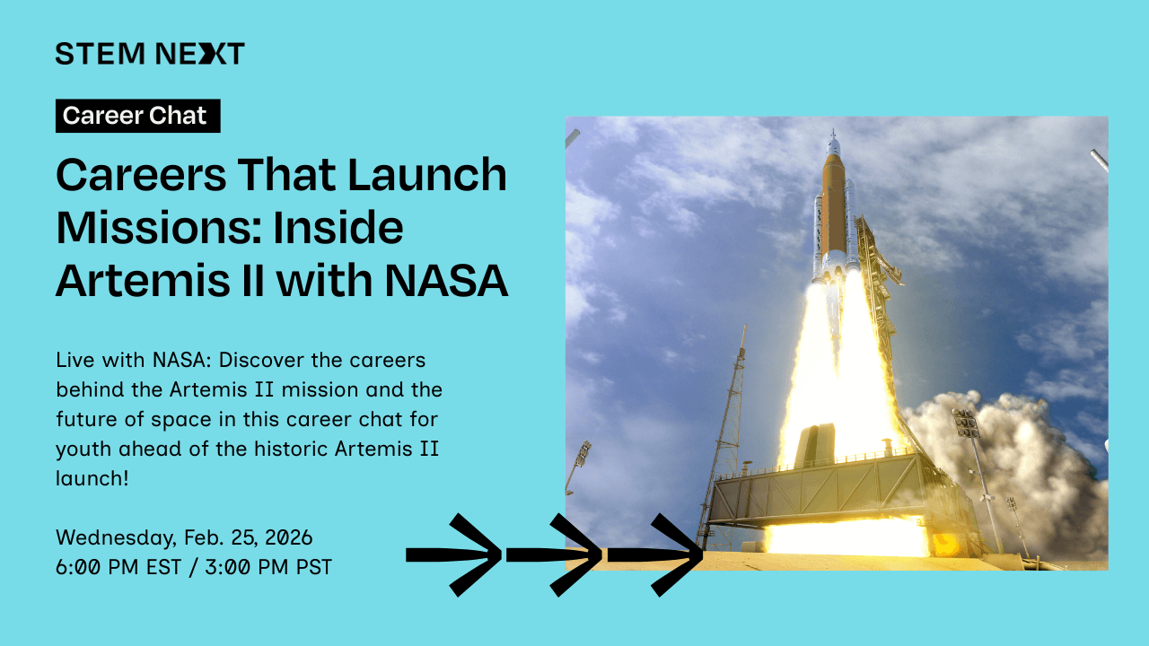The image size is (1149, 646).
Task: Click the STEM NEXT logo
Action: click(x=150, y=53)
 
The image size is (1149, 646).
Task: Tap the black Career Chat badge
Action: click(x=138, y=116)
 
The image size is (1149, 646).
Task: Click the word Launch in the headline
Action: click(x=427, y=175)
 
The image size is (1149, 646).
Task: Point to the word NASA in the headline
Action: click(x=446, y=281)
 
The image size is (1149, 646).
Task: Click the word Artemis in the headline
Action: click(x=144, y=281)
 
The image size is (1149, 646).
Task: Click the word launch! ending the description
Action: click(x=92, y=478)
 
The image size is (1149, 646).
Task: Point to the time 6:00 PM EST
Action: click(x=118, y=567)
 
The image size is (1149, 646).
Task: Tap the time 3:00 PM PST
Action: click(x=268, y=567)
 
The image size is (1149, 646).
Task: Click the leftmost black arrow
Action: click(x=453, y=554)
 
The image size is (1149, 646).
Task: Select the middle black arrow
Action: click(x=554, y=554)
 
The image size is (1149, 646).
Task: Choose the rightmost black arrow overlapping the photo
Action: click(x=655, y=554)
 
